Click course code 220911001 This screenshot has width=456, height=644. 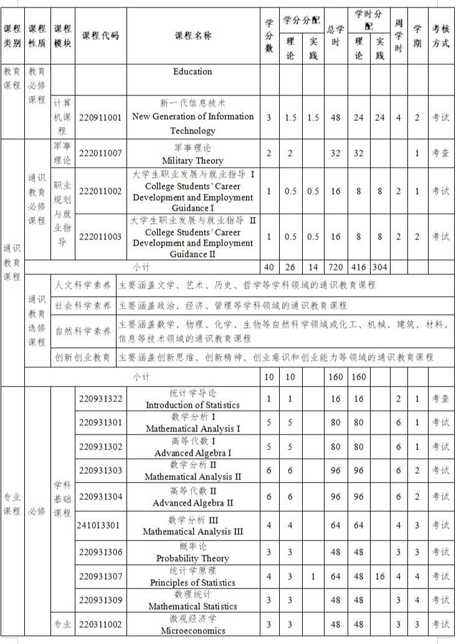click(101, 117)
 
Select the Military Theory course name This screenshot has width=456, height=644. click(192, 155)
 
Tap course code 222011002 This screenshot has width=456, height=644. click(101, 191)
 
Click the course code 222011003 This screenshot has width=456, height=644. click(101, 236)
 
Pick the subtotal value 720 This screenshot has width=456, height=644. click(336, 267)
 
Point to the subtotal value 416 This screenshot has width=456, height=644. click(359, 267)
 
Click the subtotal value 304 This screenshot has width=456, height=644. click(379, 267)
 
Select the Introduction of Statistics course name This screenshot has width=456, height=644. click(192, 399)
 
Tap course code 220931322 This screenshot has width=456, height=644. click(101, 398)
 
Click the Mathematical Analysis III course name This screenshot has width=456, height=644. click(192, 526)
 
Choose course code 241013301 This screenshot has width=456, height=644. click(98, 525)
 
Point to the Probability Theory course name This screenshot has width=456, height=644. click(192, 552)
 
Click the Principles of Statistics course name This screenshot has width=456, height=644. click(192, 577)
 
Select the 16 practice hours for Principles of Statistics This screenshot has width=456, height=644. click(380, 577)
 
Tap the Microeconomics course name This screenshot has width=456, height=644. click(192, 624)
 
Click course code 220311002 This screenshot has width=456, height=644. click(101, 623)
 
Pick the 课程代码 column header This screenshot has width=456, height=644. click(100, 36)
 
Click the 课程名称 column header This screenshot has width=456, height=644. click(192, 36)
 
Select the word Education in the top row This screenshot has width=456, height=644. click(192, 72)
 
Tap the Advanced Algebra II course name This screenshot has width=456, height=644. click(192, 497)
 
